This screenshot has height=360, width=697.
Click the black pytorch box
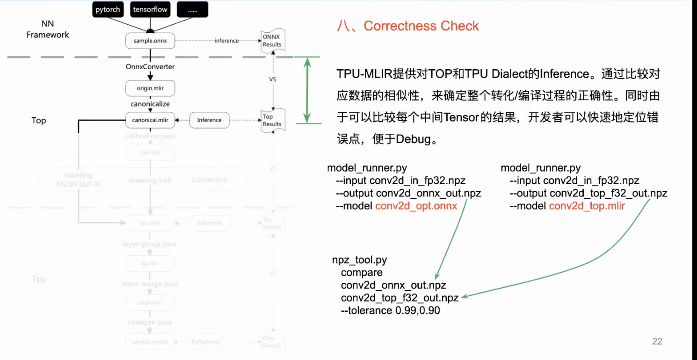point(108,10)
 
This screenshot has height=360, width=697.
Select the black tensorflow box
point(150,10)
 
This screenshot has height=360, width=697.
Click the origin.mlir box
point(150,88)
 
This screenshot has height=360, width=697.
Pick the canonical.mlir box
point(150,120)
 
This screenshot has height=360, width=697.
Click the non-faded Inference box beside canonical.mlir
point(209,120)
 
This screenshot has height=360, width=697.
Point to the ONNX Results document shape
point(272,41)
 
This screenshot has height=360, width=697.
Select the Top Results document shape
point(272,121)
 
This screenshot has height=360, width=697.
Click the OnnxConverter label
point(150,67)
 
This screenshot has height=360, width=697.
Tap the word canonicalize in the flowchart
point(150,104)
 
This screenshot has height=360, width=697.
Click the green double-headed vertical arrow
point(307,90)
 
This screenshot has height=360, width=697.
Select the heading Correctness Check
point(421,26)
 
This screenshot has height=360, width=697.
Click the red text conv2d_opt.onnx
point(416,206)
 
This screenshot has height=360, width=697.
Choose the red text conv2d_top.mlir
point(587,206)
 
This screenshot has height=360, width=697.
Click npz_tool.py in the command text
point(359,260)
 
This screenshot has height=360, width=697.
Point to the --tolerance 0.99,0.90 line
point(390,310)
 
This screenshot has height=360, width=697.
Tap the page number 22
point(657,341)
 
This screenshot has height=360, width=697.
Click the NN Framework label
point(48,29)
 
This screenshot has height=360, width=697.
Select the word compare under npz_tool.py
point(362,273)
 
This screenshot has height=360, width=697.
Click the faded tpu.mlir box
point(150,223)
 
